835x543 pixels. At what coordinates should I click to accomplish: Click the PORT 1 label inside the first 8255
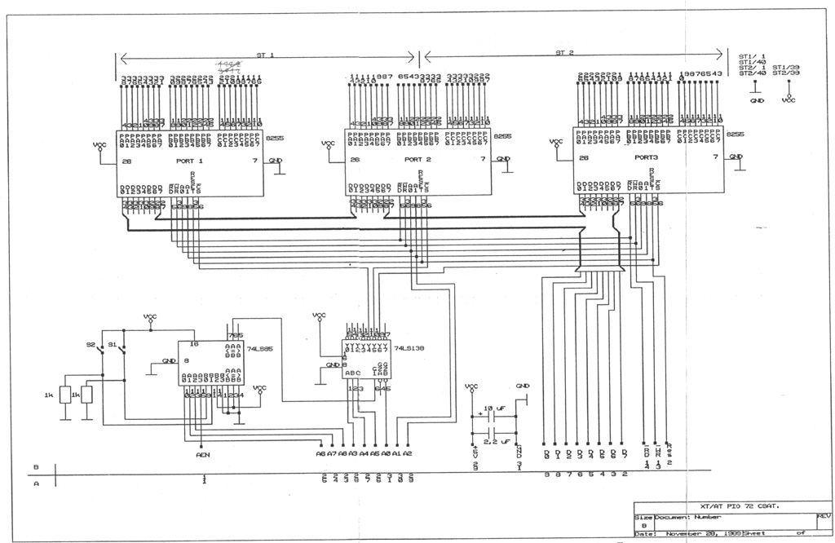[x=189, y=161]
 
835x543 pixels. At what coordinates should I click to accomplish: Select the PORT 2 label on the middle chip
[x=417, y=160]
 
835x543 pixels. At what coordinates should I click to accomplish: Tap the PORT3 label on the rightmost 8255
[x=646, y=157]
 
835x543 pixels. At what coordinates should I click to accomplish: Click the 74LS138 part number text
[x=409, y=348]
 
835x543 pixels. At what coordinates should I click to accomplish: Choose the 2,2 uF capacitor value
[x=495, y=441]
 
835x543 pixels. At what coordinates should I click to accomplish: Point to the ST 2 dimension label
[x=565, y=53]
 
